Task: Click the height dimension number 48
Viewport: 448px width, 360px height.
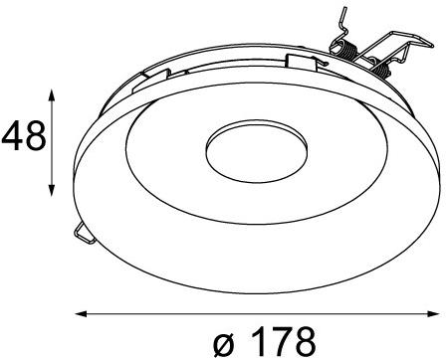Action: tap(22, 135)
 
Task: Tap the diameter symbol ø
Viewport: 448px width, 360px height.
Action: tap(225, 341)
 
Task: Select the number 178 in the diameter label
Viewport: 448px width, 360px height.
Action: tap(281, 341)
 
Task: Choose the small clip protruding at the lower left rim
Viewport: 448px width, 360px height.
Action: tap(82, 231)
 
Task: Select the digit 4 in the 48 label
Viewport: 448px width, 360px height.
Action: tap(11, 135)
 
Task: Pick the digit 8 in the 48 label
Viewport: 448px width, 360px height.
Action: tap(34, 135)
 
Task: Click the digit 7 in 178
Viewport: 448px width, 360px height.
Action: tap(281, 341)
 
